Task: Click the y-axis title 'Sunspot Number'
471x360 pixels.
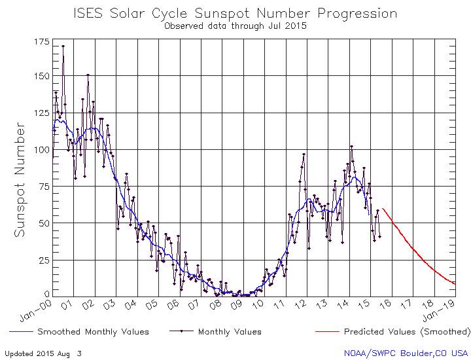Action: (22, 170)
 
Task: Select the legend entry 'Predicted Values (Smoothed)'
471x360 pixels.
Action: (406, 332)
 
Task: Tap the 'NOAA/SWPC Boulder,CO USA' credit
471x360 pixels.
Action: (406, 353)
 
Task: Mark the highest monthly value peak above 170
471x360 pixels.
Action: (63, 46)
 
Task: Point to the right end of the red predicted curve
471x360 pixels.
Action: (455, 283)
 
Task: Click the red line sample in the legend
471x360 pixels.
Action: (326, 332)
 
